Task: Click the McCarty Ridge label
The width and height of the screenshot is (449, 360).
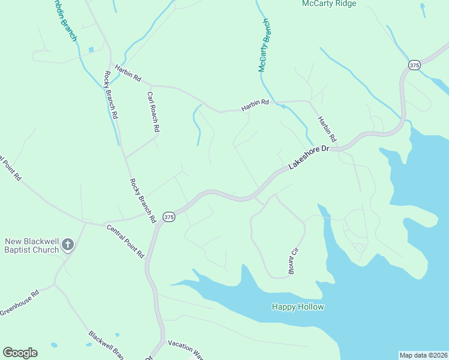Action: click(x=329, y=4)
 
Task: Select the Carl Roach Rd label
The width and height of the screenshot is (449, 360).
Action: click(x=153, y=112)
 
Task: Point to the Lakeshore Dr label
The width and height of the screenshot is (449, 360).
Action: click(x=310, y=157)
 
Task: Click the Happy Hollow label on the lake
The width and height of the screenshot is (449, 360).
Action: click(x=298, y=307)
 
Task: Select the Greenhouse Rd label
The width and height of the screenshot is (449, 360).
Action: click(x=19, y=302)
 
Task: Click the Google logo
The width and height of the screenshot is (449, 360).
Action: click(x=20, y=353)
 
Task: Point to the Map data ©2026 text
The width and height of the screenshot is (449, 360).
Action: click(x=423, y=355)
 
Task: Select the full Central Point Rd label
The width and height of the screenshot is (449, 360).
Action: click(x=125, y=241)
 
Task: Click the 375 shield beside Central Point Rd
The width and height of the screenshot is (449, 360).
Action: click(x=169, y=217)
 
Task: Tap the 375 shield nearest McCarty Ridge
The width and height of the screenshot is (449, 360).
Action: click(x=414, y=65)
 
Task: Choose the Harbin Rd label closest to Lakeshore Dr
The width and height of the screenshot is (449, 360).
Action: click(x=328, y=128)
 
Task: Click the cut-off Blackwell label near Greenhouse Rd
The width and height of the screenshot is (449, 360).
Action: click(x=106, y=343)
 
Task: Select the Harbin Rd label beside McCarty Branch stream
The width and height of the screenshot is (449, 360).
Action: click(x=255, y=106)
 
